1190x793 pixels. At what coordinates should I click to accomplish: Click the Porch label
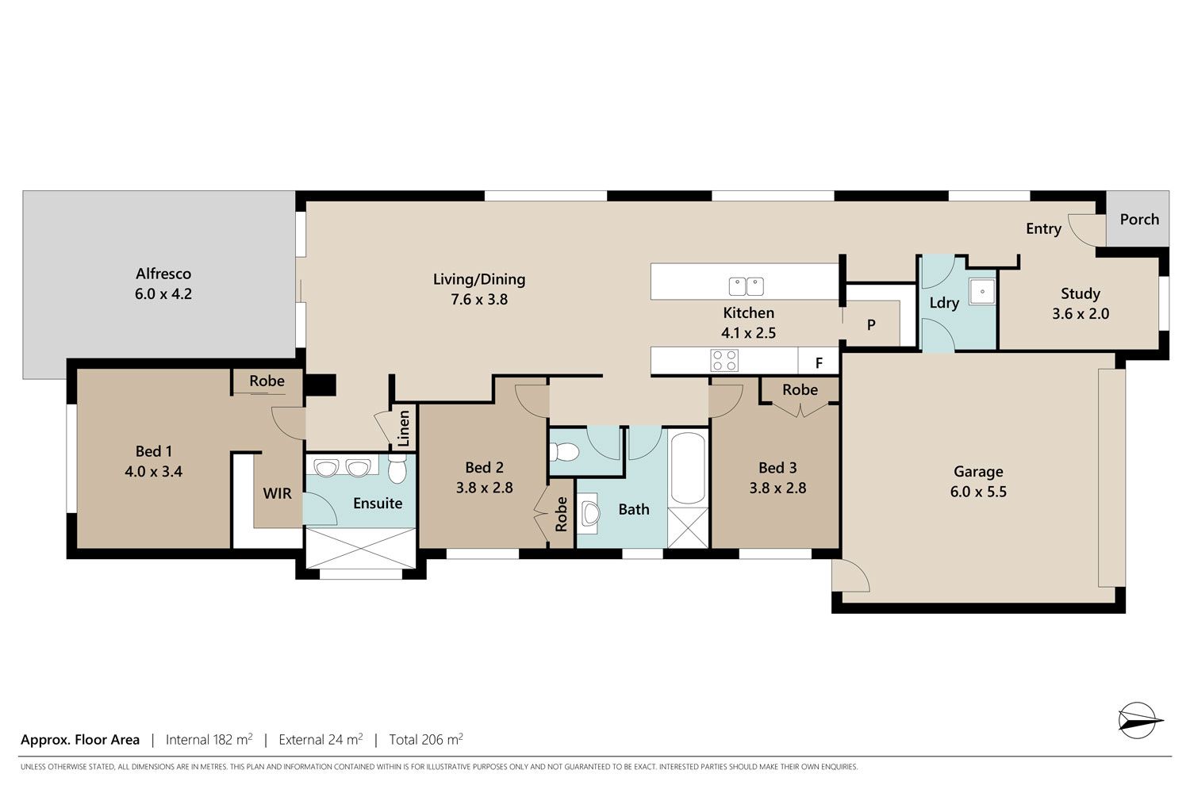(1139, 219)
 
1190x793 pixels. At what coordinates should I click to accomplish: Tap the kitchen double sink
(746, 286)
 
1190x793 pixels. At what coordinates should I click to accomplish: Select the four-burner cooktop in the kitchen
(724, 360)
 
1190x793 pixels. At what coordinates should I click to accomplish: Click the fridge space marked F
(819, 362)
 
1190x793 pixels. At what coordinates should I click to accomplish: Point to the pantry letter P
(871, 324)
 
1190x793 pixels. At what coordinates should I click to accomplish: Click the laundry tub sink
(982, 292)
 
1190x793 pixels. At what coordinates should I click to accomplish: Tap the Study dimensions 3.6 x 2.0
(1081, 313)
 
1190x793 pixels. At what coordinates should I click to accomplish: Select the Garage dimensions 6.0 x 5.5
(978, 492)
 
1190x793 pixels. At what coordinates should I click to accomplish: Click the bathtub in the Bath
(688, 468)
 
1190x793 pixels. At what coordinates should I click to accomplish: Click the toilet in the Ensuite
(397, 469)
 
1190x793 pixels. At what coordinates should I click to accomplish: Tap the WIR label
(277, 493)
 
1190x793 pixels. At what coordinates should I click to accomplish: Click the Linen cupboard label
(404, 428)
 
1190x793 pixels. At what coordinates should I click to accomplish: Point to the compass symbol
(1139, 720)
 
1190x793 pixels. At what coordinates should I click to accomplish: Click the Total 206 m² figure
(426, 739)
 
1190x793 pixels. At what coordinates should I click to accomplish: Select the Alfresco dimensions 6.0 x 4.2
(163, 293)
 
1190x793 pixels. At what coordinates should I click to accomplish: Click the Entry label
(1043, 229)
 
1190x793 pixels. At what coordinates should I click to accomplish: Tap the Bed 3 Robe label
(800, 390)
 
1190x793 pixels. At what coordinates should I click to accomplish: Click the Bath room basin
(589, 513)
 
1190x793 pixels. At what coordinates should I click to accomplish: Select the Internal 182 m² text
(209, 739)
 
